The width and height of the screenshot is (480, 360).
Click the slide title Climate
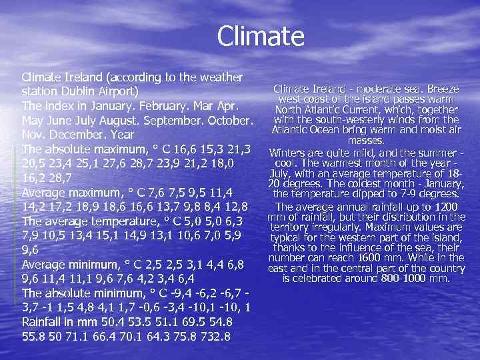coord(260,36)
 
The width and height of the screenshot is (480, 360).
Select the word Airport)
coord(120,91)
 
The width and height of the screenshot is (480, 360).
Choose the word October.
coord(226,121)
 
